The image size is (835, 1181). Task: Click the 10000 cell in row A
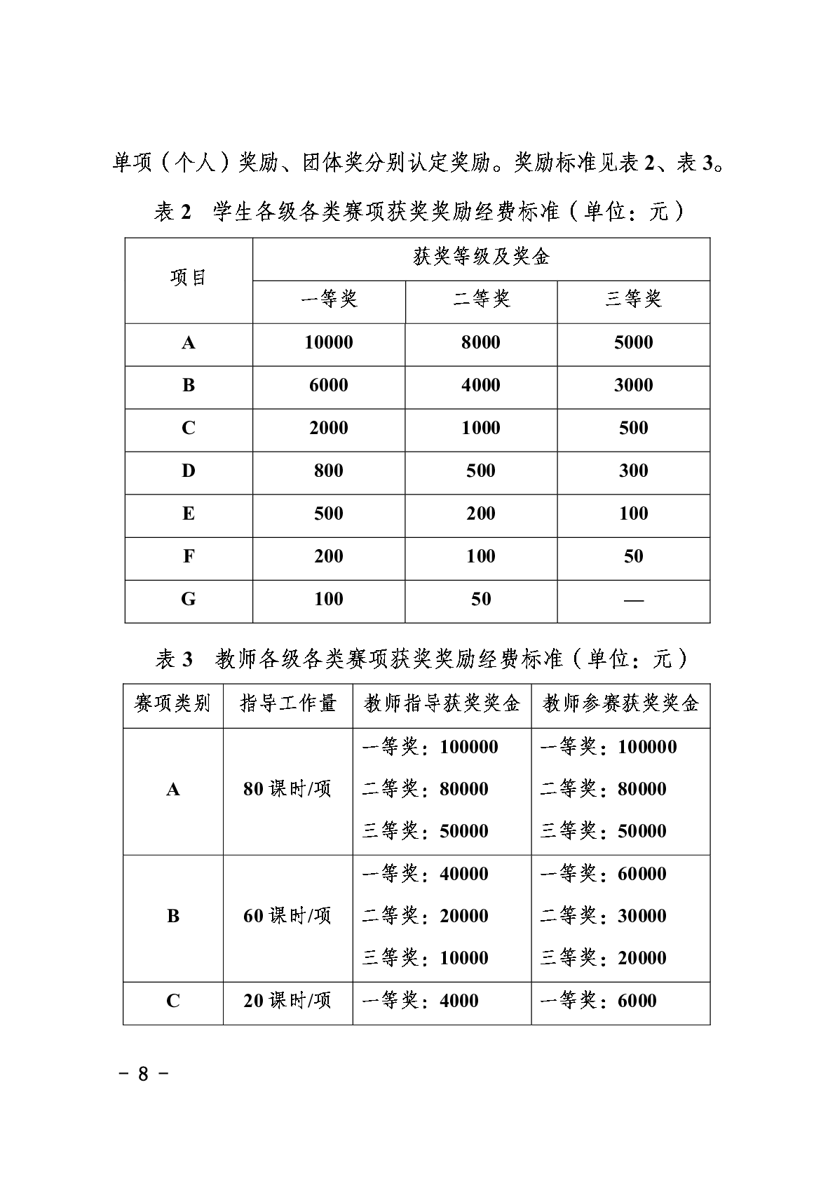[x=328, y=343]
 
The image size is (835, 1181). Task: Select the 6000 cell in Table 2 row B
[x=328, y=386]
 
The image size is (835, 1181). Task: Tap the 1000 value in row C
[x=480, y=428]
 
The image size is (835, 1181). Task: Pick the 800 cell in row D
[x=328, y=471]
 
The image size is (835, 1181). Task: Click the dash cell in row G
[x=633, y=600]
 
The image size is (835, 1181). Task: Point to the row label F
[x=189, y=557]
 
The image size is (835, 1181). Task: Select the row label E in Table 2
[x=189, y=514]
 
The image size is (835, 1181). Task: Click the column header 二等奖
[x=480, y=300]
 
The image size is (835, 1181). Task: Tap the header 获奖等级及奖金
[x=480, y=257]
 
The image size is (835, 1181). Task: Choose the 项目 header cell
[x=189, y=278]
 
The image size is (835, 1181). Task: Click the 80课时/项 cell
[x=287, y=790]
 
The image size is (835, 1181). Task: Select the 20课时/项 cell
[x=287, y=1001]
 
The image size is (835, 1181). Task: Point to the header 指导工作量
[x=287, y=703]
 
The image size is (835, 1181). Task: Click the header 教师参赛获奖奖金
[x=620, y=703]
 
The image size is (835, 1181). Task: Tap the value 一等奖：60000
[x=603, y=875]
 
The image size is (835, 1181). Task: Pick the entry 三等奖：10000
[x=425, y=959]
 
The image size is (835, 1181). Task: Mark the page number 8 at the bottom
[x=143, y=1074]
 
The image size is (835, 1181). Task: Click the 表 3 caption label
[x=173, y=659]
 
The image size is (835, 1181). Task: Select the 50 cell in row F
[x=633, y=557]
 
